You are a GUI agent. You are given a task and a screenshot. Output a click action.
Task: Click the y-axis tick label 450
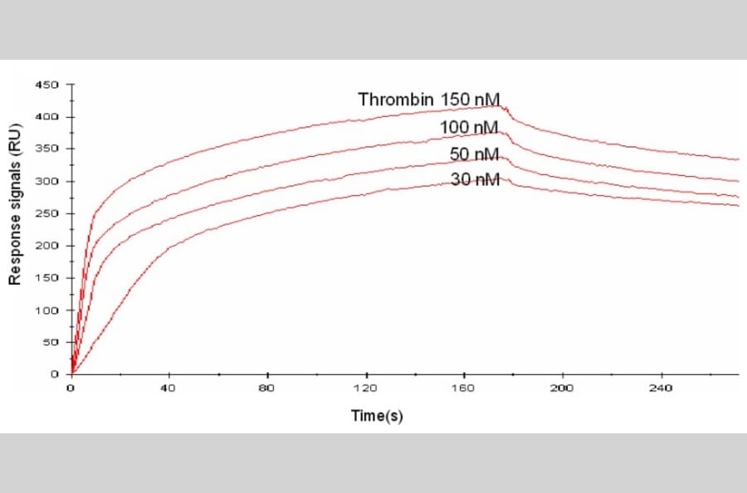pos(47,85)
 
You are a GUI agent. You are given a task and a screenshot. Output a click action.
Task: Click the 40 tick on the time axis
pos(168,388)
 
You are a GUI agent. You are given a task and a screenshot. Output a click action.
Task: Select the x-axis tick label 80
pos(266,388)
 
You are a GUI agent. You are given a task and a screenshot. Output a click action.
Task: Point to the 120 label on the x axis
pos(364,388)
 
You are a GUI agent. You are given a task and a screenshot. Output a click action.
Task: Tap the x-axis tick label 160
pos(463,388)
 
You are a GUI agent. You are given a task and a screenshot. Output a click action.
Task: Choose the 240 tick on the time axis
pos(660,388)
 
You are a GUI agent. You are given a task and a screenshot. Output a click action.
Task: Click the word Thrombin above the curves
pos(396,100)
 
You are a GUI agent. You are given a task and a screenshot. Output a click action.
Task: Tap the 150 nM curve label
pos(471,100)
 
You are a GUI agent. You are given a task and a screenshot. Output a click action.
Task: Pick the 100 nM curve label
pos(469,127)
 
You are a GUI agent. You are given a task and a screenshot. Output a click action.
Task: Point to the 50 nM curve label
pos(474,154)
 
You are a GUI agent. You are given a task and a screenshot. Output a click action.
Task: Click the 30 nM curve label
pos(475,178)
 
